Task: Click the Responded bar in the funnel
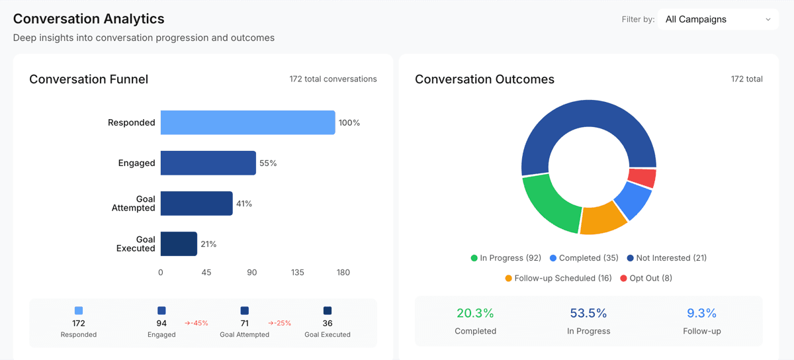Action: pyautogui.click(x=247, y=122)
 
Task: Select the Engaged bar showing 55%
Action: pyautogui.click(x=208, y=163)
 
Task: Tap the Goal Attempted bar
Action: pyautogui.click(x=197, y=203)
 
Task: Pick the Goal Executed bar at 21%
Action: pyautogui.click(x=179, y=244)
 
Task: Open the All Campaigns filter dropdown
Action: pyautogui.click(x=718, y=19)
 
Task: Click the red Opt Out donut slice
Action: pyautogui.click(x=642, y=177)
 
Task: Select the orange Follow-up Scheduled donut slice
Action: pyautogui.click(x=603, y=219)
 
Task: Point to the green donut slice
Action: pyautogui.click(x=549, y=202)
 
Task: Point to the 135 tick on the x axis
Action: pyautogui.click(x=298, y=273)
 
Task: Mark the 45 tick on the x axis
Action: pyautogui.click(x=206, y=273)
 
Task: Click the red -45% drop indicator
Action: pyautogui.click(x=197, y=323)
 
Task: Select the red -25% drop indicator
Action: pyautogui.click(x=280, y=323)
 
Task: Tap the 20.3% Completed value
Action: pyautogui.click(x=475, y=313)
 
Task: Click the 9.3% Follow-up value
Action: pyautogui.click(x=701, y=313)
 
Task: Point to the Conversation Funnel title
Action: pyautogui.click(x=89, y=79)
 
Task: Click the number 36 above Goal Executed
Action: pyautogui.click(x=328, y=324)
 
